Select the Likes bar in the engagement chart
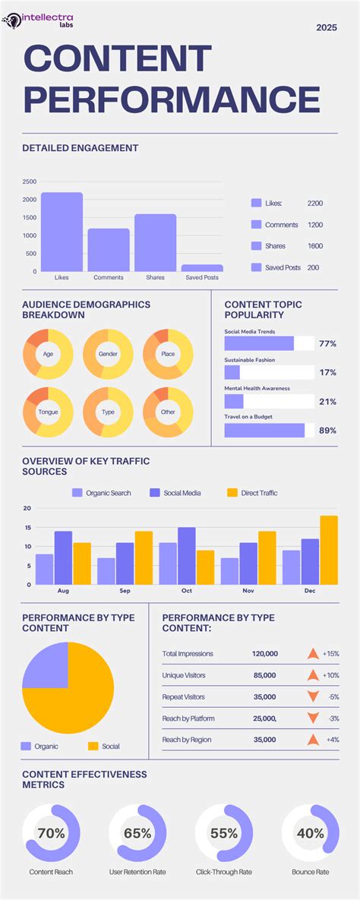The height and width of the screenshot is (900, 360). (62, 232)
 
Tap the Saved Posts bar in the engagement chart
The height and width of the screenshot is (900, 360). (202, 267)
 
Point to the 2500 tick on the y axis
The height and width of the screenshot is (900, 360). (29, 182)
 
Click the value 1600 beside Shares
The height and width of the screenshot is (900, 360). (314, 246)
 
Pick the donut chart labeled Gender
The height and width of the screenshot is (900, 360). (108, 354)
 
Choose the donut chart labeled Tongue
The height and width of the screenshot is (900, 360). (48, 412)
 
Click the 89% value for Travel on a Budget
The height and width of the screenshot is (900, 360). (327, 431)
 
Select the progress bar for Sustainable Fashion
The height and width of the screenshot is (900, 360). (269, 372)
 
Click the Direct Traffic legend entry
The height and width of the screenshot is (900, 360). (252, 493)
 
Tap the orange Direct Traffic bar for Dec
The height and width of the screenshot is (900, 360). (329, 550)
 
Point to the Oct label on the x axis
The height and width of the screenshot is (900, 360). (187, 589)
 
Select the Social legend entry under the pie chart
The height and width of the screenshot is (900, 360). (104, 747)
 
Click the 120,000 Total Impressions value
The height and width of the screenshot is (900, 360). (265, 654)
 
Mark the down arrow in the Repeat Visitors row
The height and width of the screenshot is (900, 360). (312, 696)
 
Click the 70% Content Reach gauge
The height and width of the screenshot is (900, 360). (51, 833)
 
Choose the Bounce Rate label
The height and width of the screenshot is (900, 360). (310, 872)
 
